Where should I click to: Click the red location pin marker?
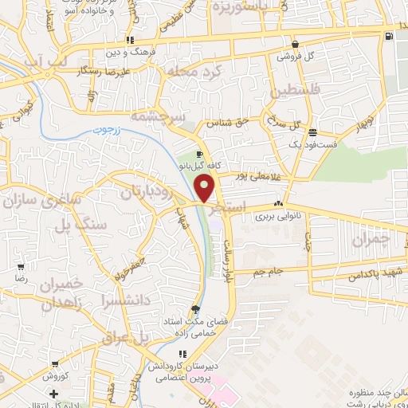click(206, 188)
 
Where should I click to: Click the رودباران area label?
click(145, 192)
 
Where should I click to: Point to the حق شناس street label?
click(224, 124)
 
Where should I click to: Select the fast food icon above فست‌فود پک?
click(313, 132)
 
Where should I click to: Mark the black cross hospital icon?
click(53, 394)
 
